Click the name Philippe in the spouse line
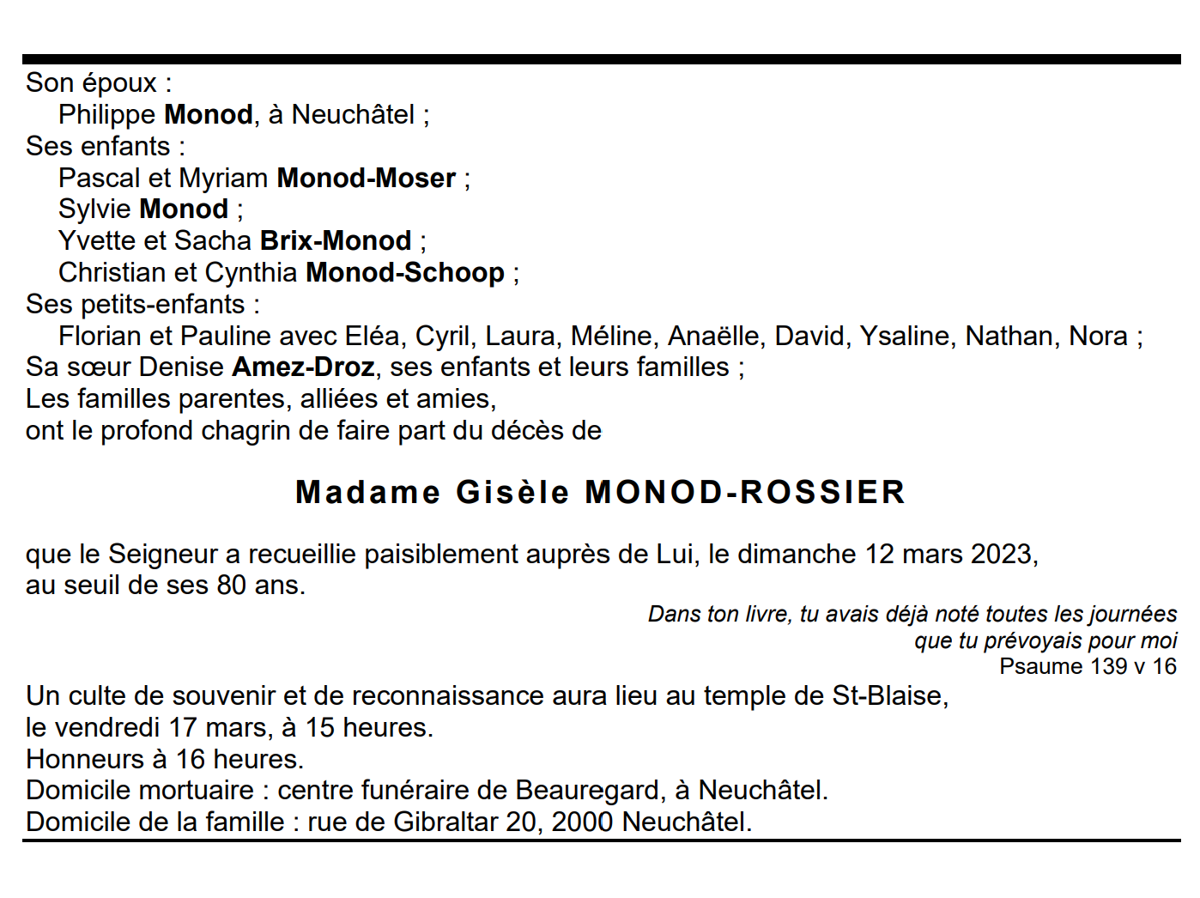106,114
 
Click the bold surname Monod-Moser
366,178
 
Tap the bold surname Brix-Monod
336,240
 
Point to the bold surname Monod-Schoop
405,272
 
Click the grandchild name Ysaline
906,336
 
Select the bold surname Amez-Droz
303,367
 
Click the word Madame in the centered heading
367,493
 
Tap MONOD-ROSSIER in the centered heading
745,493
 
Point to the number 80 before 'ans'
232,586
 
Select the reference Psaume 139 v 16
1088,666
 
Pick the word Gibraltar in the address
445,822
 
